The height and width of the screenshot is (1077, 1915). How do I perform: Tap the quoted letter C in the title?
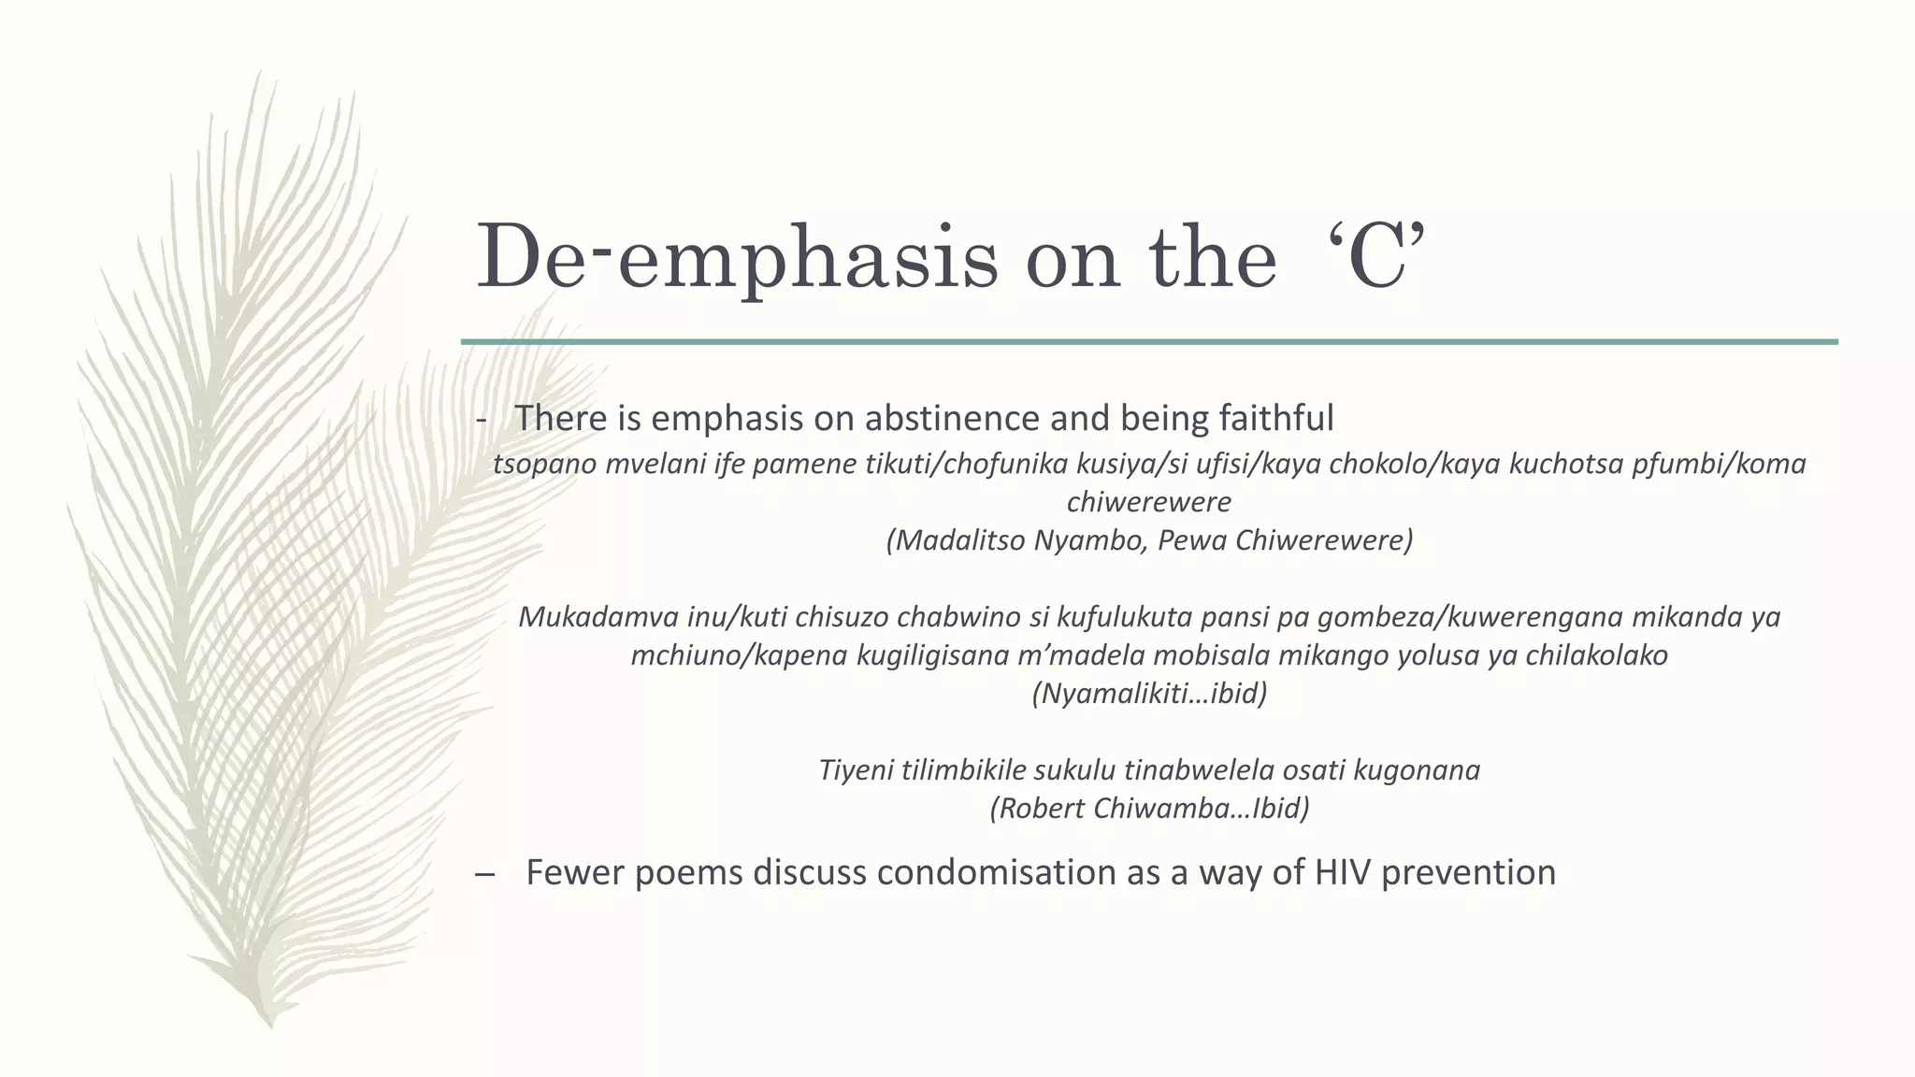pos(1379,255)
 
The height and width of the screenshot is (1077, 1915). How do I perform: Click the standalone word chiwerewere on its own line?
pos(1149,502)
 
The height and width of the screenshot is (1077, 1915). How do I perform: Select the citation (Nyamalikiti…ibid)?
pos(1149,694)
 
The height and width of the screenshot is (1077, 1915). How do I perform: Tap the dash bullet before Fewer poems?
pos(484,875)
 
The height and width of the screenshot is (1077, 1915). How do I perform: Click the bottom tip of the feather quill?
pos(270,1024)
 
